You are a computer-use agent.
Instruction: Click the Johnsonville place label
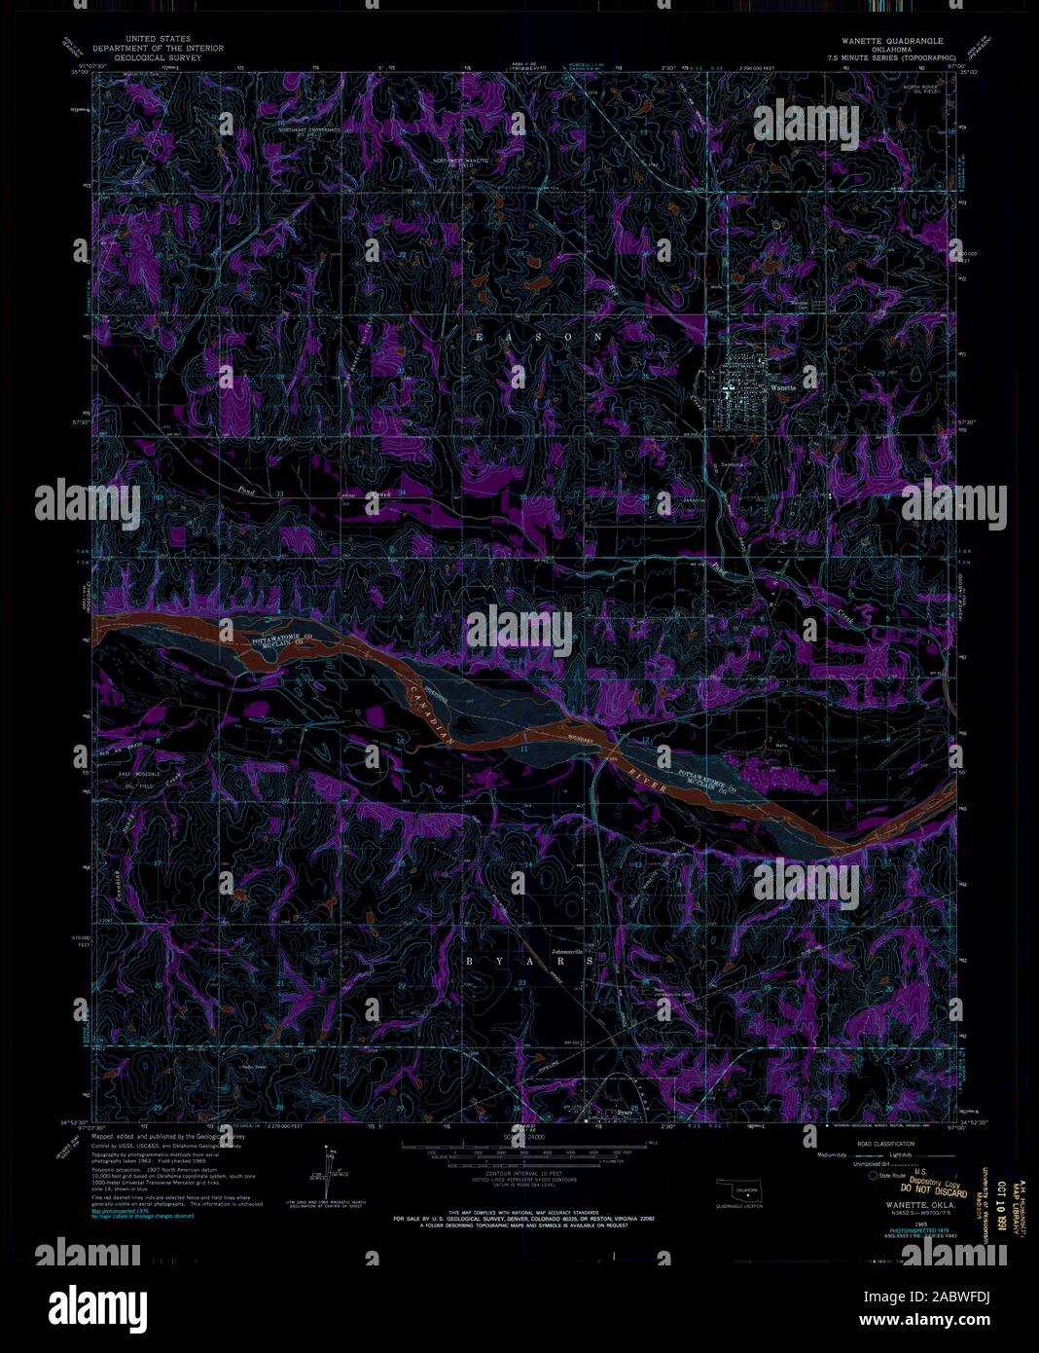[572, 951]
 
